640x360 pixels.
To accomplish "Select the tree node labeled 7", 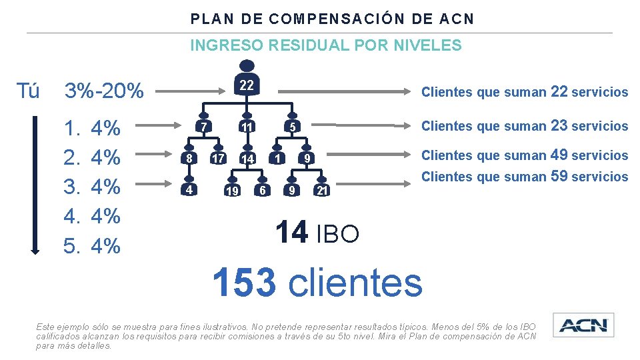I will (x=205, y=127).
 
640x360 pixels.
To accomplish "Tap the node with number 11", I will (x=247, y=127).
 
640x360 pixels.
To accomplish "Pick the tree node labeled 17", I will (x=217, y=159).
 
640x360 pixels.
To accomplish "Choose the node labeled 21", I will (x=321, y=191).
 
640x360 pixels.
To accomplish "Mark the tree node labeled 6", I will (x=263, y=190).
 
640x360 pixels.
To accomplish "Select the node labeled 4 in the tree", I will (x=189, y=189).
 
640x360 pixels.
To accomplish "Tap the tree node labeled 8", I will (x=189, y=159).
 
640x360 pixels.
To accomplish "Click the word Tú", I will (x=27, y=91).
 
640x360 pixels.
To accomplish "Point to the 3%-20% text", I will (x=103, y=91).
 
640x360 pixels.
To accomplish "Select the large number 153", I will (x=244, y=282).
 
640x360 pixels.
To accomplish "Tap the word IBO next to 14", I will (x=337, y=234).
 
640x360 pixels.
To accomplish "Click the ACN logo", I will (x=583, y=325).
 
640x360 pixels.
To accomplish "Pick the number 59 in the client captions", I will (x=558, y=176).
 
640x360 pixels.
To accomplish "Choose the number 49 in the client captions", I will (x=558, y=155).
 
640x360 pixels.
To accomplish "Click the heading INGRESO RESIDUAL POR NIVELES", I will (x=325, y=45).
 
